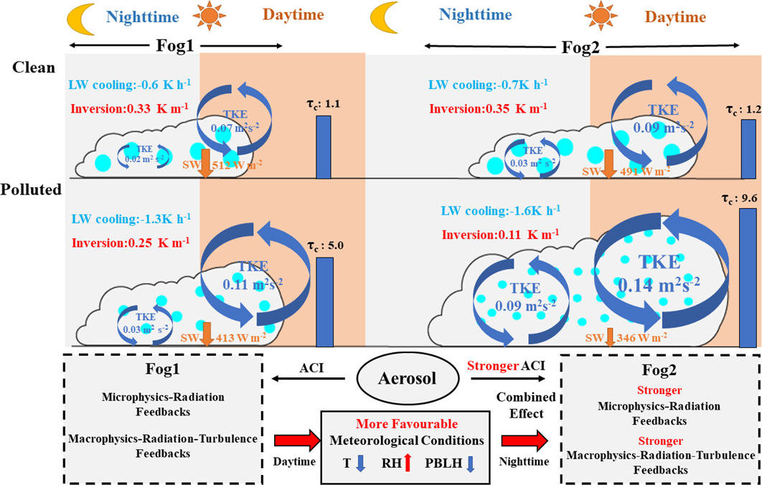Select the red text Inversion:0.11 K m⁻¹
tap(499, 235)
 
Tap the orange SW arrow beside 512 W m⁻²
tap(204, 161)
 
